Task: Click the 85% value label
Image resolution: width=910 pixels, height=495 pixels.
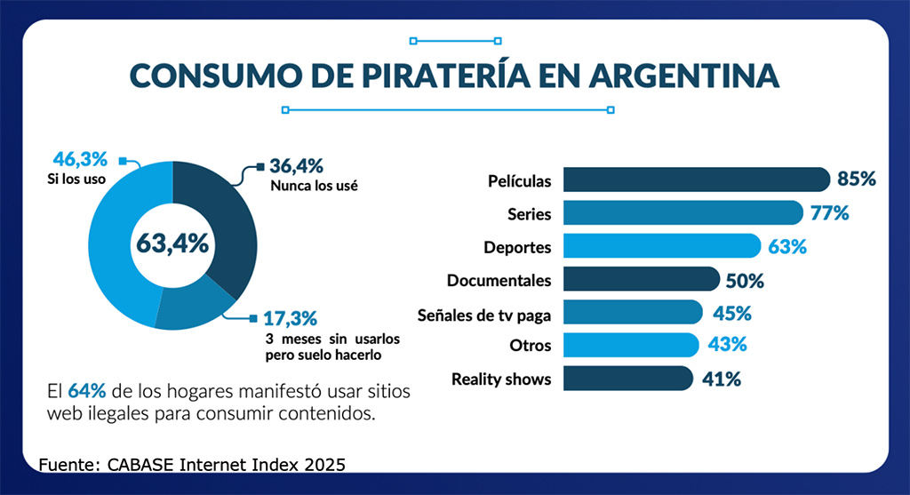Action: pyautogui.click(x=857, y=180)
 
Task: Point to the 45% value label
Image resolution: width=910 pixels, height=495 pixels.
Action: pyautogui.click(x=732, y=313)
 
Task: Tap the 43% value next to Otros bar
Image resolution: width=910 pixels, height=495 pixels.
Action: pyautogui.click(x=727, y=345)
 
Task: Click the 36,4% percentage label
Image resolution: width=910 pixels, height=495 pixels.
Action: pyautogui.click(x=296, y=166)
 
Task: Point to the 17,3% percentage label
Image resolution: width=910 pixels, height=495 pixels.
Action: pyautogui.click(x=291, y=317)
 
